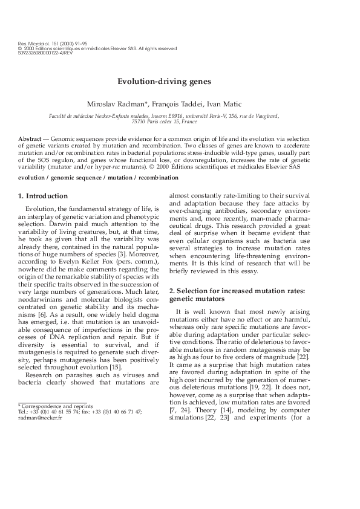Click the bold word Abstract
point(30,139)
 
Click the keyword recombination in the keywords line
point(159,178)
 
